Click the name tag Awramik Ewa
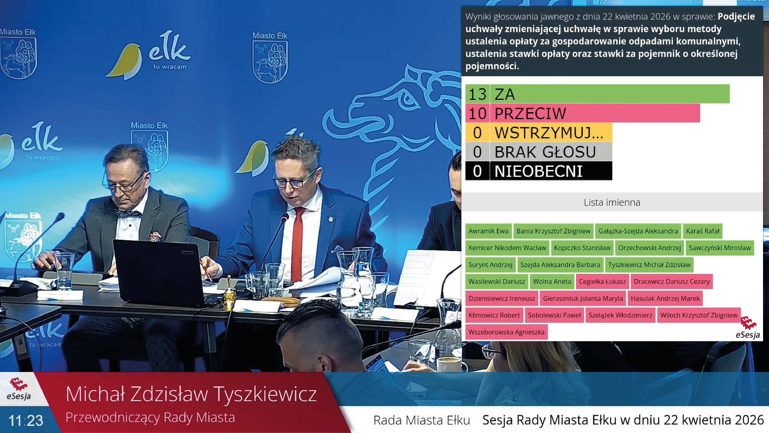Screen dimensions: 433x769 [x=488, y=231]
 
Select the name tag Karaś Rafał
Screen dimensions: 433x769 [x=702, y=231]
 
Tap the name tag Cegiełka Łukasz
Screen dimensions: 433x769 [x=602, y=282]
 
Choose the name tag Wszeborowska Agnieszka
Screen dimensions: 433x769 [x=506, y=332]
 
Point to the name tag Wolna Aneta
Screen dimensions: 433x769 [x=552, y=282]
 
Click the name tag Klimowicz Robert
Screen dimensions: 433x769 [x=494, y=315]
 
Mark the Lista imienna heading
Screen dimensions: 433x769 [x=612, y=202]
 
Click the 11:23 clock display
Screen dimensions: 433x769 [x=26, y=421]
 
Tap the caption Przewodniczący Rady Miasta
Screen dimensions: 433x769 [x=150, y=418]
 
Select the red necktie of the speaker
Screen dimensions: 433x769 [x=297, y=241]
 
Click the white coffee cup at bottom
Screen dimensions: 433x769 [x=449, y=364]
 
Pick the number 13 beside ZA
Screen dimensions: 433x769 [x=477, y=94]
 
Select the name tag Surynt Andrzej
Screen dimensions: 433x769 [x=490, y=265]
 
